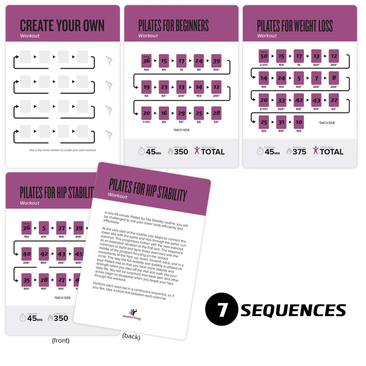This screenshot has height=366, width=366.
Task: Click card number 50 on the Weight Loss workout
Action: [263, 56]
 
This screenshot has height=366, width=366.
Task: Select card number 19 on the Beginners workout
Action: [146, 87]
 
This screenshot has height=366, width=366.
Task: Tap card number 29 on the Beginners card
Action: [181, 113]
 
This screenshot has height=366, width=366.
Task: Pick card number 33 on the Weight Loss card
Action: [281, 100]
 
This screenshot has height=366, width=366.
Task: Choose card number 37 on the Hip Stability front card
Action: [61, 228]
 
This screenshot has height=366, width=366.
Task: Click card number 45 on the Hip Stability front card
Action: [79, 254]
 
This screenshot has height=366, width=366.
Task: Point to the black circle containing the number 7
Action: [222, 310]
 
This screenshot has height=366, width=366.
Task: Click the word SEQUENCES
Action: [293, 310]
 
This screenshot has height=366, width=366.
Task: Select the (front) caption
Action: [61, 341]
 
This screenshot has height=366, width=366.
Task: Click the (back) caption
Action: [131, 337]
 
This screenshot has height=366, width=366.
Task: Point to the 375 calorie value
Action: [300, 152]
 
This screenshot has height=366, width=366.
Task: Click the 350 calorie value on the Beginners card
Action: [181, 152]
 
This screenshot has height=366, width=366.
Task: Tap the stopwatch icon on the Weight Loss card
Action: [260, 151]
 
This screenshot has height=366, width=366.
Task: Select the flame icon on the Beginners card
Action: [170, 151]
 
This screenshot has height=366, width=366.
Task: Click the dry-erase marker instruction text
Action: [63, 150]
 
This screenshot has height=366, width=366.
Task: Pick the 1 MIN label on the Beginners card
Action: [146, 122]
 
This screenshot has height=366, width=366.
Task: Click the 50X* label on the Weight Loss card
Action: [281, 109]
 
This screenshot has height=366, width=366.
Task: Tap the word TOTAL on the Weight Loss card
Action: [332, 152]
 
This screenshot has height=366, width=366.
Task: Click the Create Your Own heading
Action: [62, 26]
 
